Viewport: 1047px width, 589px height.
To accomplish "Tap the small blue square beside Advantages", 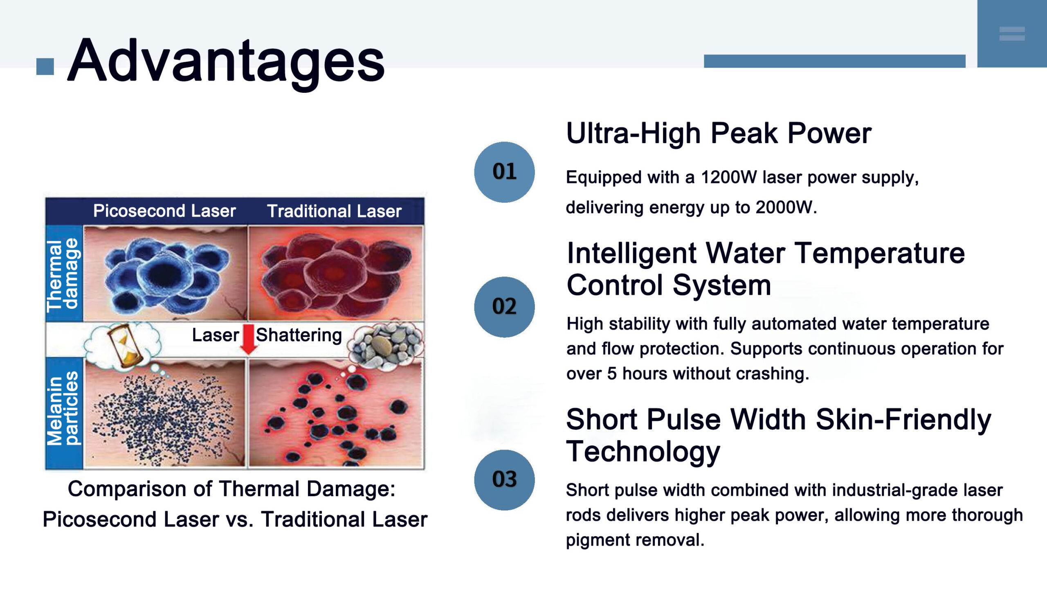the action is tap(45, 67).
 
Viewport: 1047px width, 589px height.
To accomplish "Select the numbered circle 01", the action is tap(504, 172).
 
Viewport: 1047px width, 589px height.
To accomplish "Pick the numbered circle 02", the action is tap(504, 307).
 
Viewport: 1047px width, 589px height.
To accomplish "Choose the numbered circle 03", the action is tap(504, 480).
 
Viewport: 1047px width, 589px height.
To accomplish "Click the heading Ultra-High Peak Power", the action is tap(719, 133).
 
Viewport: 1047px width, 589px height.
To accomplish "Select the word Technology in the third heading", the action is tap(643, 452).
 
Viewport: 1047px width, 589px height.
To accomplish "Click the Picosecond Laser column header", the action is tap(164, 211).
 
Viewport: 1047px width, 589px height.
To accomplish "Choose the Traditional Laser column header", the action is tap(334, 211).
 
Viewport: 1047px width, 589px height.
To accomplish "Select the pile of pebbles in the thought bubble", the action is tap(385, 344).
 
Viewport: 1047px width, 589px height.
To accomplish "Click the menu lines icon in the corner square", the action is tap(1012, 34).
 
